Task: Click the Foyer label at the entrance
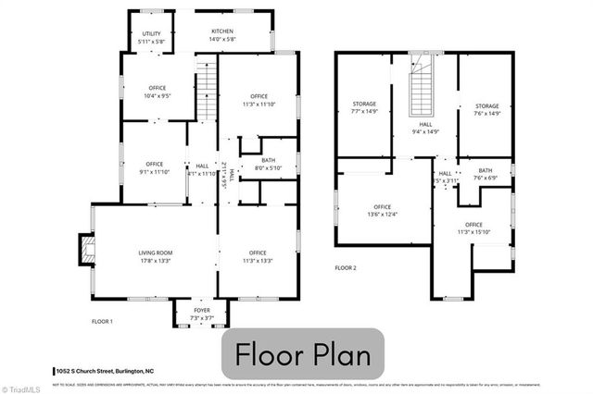coord(201,314)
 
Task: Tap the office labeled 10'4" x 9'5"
coord(157,92)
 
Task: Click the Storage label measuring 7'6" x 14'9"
coord(487,108)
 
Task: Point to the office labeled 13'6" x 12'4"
coord(382,211)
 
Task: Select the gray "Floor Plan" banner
coord(303,353)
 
